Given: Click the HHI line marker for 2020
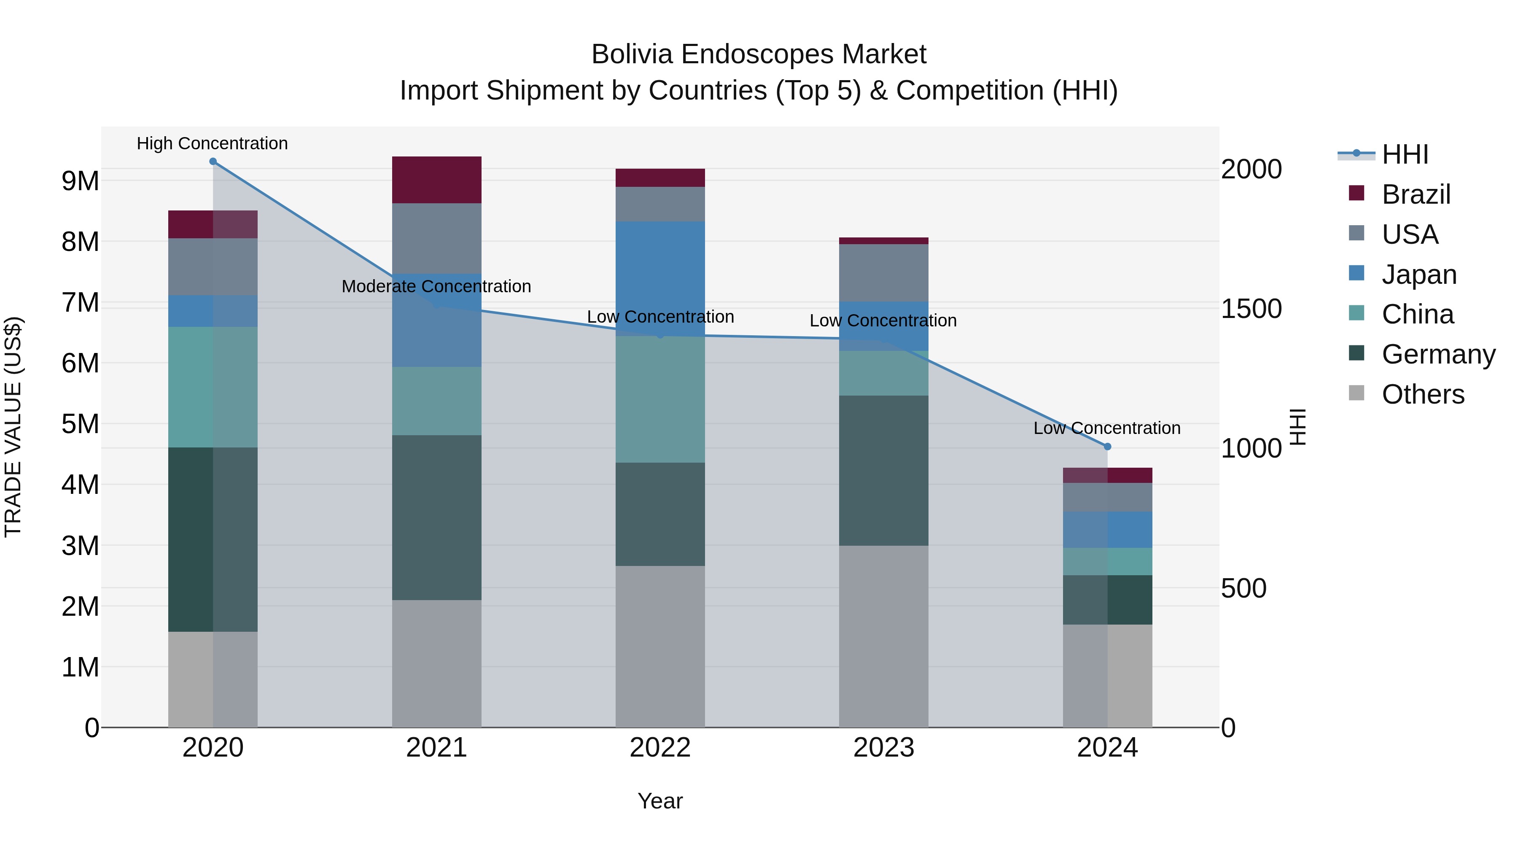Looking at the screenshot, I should [213, 162].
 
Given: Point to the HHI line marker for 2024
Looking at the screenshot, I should [1107, 447].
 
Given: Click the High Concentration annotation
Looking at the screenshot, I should [212, 143].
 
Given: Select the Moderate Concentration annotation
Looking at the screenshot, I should [436, 286].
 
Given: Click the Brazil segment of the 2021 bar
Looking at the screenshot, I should [437, 180].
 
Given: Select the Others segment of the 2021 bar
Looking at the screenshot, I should [437, 663].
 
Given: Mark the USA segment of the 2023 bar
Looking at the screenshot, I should [883, 272].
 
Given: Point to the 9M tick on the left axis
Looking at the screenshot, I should [80, 181].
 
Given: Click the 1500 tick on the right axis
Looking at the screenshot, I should [1251, 309].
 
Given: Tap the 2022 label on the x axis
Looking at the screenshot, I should [660, 748].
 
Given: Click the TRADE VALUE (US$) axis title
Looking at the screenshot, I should [13, 427].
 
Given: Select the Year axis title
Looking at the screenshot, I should [660, 801].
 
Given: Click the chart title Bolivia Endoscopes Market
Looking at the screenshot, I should [759, 54].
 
